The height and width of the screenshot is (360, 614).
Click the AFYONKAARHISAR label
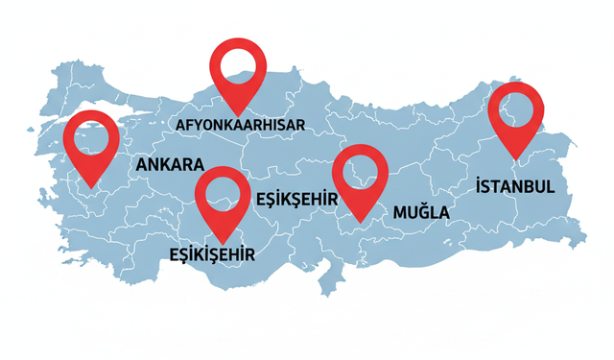click(240, 127)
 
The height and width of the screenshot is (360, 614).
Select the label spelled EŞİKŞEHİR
click(299, 198)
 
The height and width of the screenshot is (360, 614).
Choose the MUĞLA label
click(420, 209)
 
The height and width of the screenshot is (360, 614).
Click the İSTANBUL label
click(514, 184)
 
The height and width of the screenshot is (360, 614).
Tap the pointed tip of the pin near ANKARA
click(91, 187)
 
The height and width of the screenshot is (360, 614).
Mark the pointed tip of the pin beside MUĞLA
click(361, 221)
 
